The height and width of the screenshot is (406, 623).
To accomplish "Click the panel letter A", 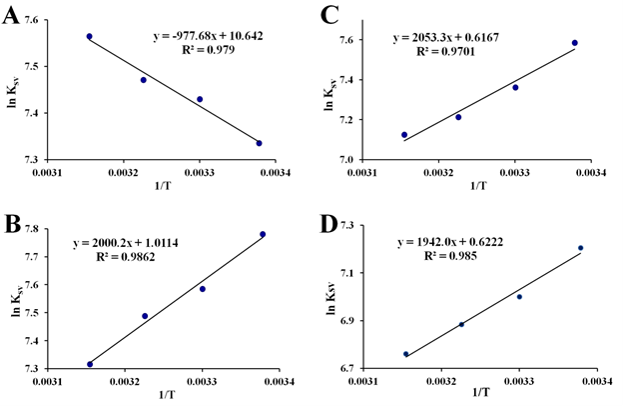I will pyautogui.click(x=14, y=18).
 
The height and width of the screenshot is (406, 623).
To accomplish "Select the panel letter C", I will pyautogui.click(x=329, y=18).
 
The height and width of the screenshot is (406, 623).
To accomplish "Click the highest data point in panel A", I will pyautogui.click(x=89, y=36).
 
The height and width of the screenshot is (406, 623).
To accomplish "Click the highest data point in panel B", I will pyautogui.click(x=263, y=234).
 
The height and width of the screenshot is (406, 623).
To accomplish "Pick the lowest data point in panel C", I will pyautogui.click(x=404, y=134).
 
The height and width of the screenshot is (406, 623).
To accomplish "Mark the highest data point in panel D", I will pyautogui.click(x=580, y=248).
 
